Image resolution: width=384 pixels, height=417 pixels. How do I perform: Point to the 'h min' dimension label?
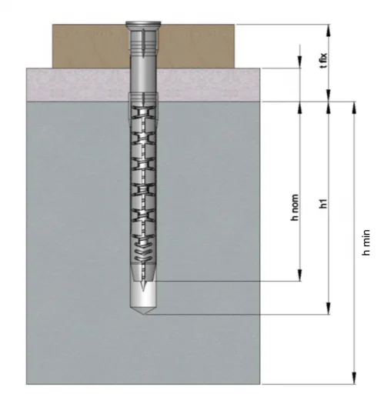(x=367, y=242)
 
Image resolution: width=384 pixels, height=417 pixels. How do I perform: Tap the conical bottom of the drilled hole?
(x=143, y=311)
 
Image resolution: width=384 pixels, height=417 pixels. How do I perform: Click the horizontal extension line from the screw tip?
(x=231, y=281)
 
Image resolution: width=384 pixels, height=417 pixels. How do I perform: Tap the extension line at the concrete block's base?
(x=308, y=383)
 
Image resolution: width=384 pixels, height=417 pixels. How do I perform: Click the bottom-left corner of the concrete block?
(x=27, y=383)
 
